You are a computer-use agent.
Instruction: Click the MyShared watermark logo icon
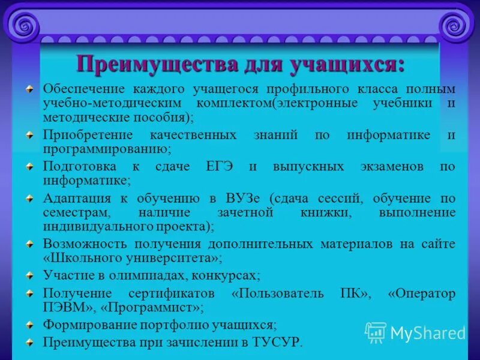point(376,332)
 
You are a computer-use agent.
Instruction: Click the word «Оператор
point(422,293)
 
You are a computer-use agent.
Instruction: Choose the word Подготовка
point(77,167)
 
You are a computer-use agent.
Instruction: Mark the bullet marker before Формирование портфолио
point(29,325)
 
